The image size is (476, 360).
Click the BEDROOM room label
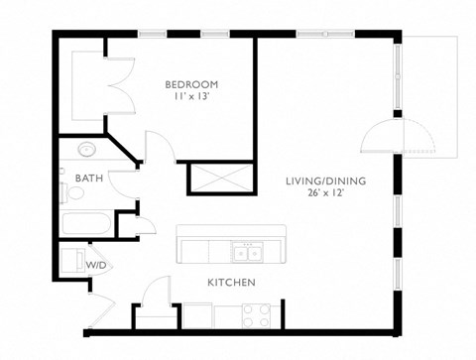coord(191,84)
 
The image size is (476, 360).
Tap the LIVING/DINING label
coord(325,180)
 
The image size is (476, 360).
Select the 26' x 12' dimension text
coord(325,194)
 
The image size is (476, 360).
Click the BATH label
coord(87,179)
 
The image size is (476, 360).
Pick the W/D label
coord(96,266)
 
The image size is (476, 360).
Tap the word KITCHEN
coord(232,284)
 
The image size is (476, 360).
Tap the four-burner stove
coord(257,315)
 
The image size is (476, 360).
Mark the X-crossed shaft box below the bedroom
coord(214,180)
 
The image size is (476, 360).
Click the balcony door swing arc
coord(377,137)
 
